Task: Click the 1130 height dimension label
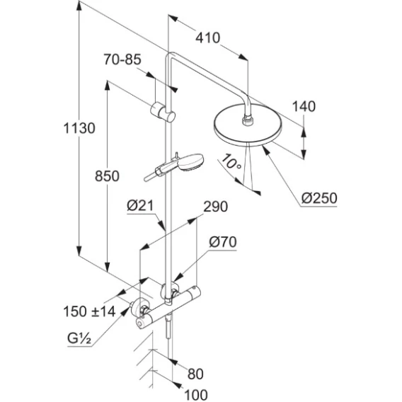pos(79,128)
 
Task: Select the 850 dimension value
pos(107,176)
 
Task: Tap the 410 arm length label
pos(207,38)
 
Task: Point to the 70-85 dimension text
pos(122,59)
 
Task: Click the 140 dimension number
pos(304,106)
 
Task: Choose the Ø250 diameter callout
pos(319,198)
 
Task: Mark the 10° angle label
pos(231,162)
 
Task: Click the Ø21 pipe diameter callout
pos(140,206)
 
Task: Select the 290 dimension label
pos(215,207)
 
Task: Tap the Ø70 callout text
pos(223,242)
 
